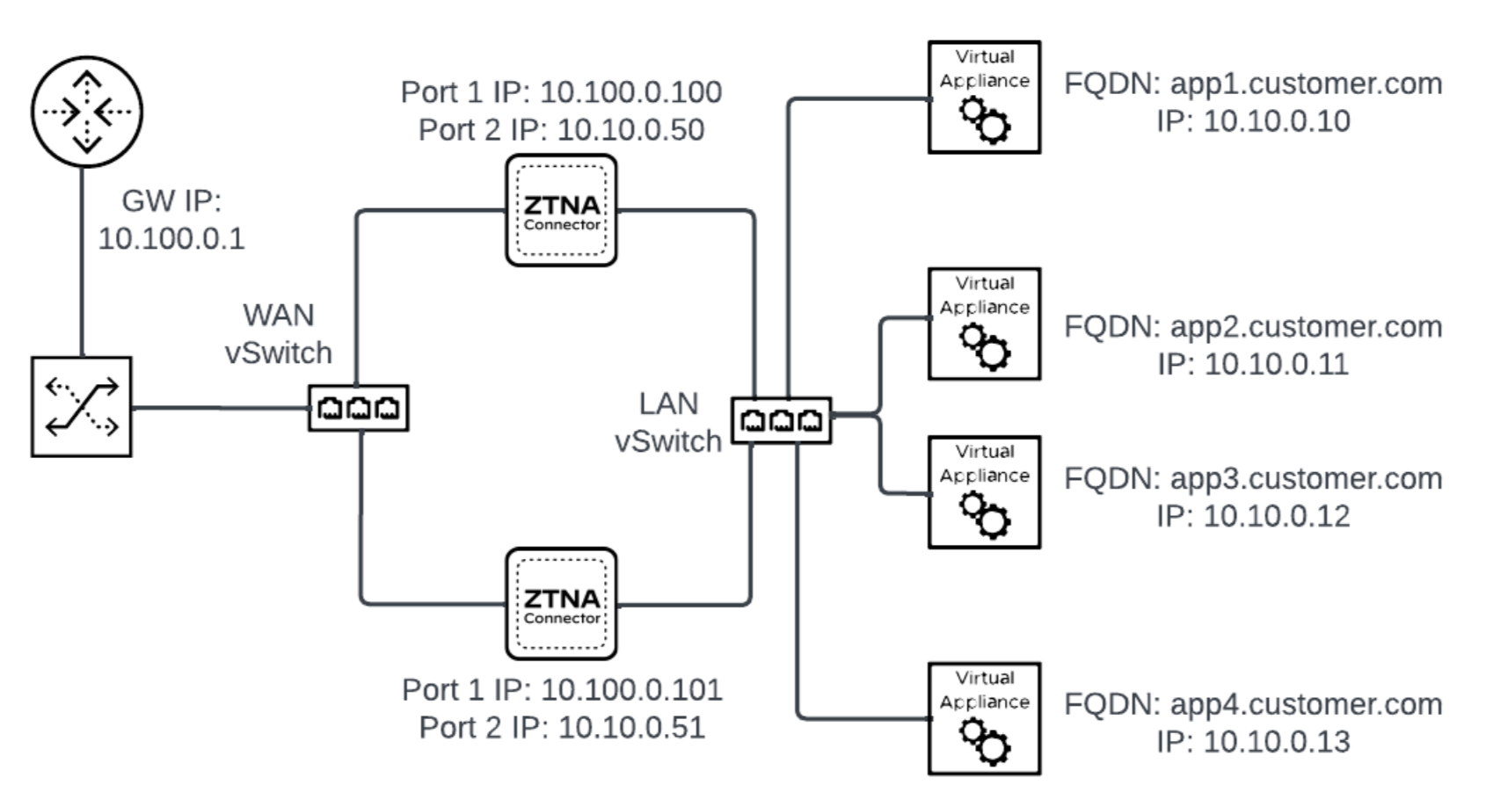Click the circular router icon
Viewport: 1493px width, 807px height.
click(x=86, y=112)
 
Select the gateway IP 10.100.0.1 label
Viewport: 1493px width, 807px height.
click(x=171, y=238)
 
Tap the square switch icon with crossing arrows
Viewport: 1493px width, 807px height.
click(x=82, y=406)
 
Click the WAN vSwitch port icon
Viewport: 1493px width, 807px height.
click(x=359, y=408)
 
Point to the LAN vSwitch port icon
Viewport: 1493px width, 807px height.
click(x=782, y=420)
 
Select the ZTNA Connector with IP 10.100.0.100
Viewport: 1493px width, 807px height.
click(x=561, y=211)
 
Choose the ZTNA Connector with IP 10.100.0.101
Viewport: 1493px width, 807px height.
click(x=561, y=604)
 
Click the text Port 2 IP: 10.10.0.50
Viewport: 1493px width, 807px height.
click(x=561, y=130)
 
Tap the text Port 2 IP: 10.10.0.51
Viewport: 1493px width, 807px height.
click(x=562, y=728)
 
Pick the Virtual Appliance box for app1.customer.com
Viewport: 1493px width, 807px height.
click(x=984, y=98)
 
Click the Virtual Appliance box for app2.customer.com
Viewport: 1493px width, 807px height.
click(x=984, y=324)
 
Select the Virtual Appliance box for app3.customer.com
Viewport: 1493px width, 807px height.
click(x=984, y=492)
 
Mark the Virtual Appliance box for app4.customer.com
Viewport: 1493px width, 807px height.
click(x=984, y=719)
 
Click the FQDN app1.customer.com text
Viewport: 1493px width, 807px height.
click(x=1253, y=84)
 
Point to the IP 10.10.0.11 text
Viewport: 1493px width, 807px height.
click(x=1253, y=364)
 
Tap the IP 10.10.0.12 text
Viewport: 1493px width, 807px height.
click(x=1253, y=516)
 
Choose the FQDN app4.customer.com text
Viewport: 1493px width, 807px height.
click(x=1253, y=704)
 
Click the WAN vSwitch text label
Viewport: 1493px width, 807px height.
click(x=279, y=334)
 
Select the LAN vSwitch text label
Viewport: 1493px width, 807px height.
click(x=668, y=423)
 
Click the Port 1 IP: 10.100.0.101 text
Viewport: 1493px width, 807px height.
click(x=562, y=690)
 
